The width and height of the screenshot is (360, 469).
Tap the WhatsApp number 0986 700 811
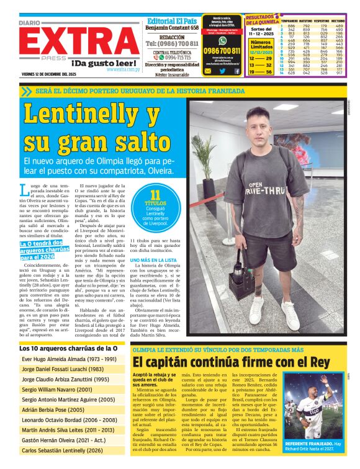click(x=222, y=51)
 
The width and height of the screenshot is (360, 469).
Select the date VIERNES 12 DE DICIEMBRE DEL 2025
click(x=58, y=74)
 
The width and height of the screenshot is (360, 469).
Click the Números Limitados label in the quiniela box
click(x=260, y=45)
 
